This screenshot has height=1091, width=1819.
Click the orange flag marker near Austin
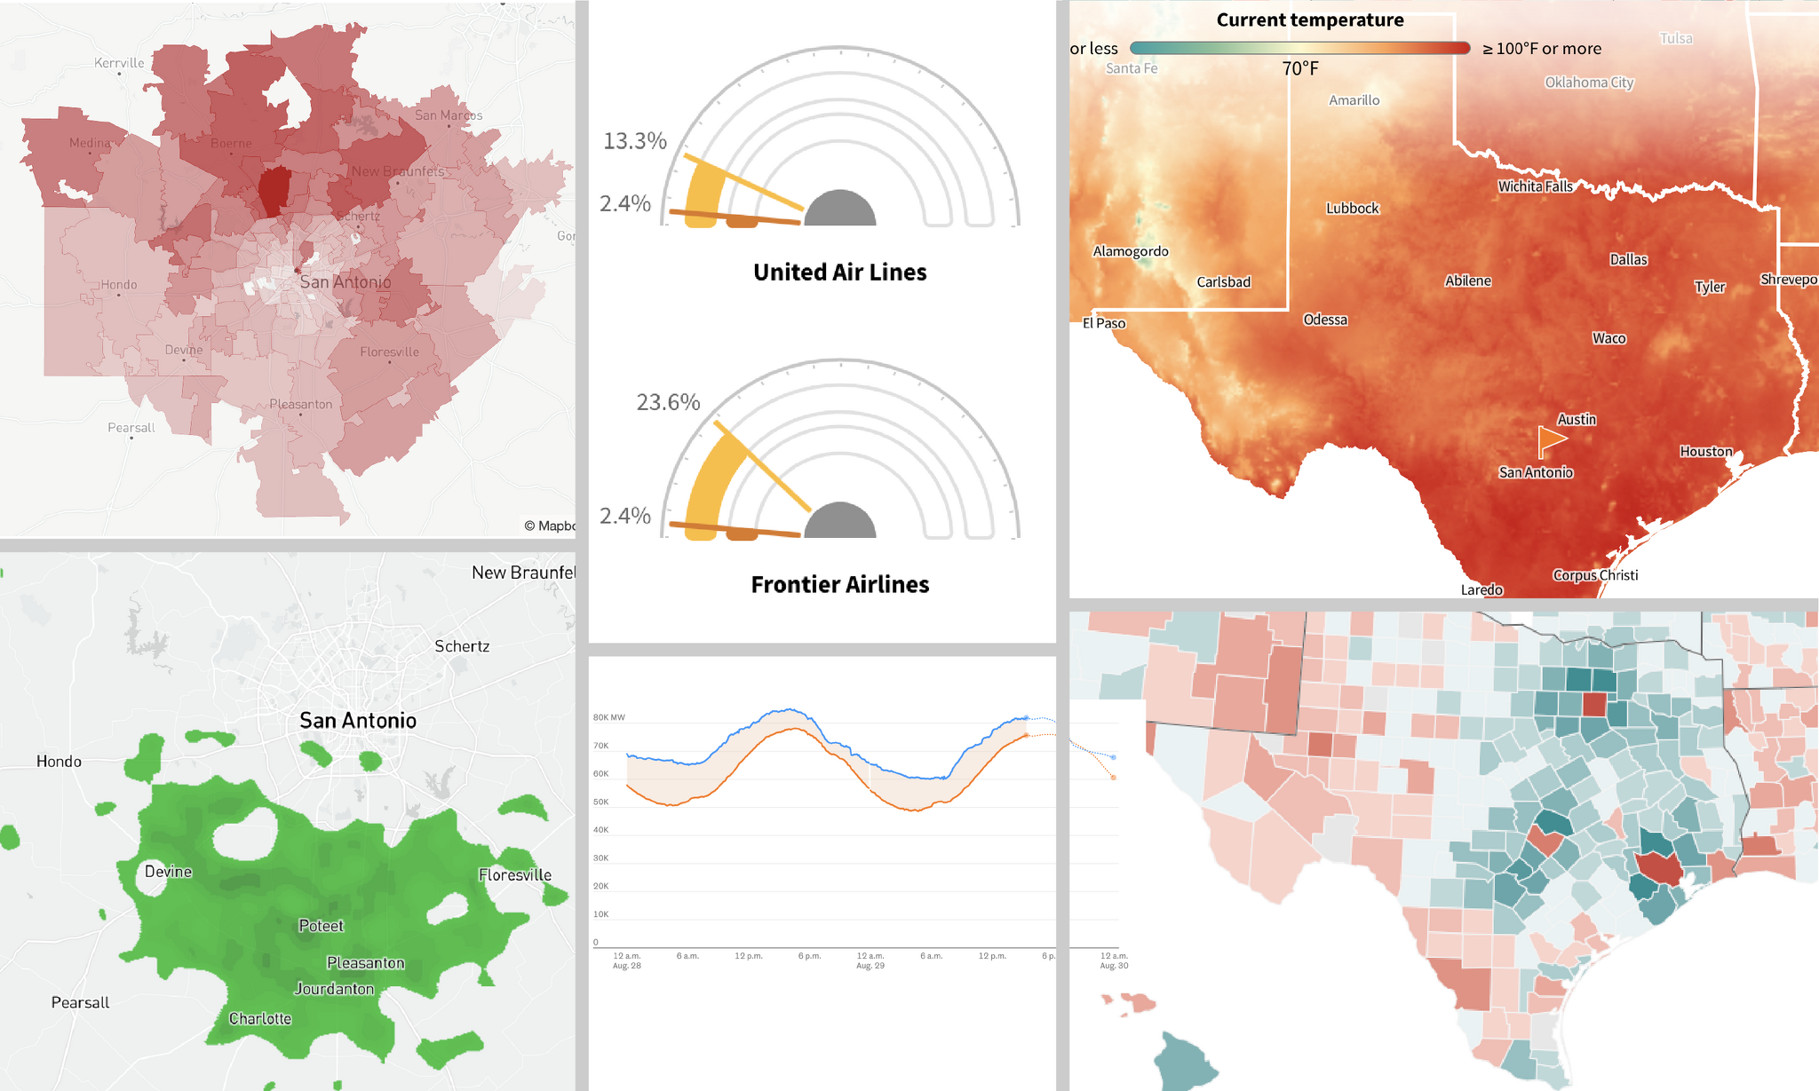tap(1550, 439)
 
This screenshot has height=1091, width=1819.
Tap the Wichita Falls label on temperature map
tap(1535, 186)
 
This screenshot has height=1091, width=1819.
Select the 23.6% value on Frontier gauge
tap(668, 402)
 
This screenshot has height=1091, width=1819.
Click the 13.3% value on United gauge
tap(634, 141)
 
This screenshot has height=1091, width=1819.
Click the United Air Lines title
tap(839, 272)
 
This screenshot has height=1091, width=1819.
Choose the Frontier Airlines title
tap(839, 584)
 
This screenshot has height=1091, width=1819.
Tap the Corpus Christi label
tap(1595, 575)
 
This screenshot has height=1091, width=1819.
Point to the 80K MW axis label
tap(608, 717)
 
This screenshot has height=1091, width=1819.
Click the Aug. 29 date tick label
tap(870, 965)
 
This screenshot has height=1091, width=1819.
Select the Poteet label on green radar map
tap(321, 926)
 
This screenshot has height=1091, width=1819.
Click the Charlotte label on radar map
tap(259, 1018)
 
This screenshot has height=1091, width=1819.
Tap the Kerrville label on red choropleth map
tap(119, 63)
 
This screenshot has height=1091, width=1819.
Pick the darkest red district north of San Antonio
tap(274, 191)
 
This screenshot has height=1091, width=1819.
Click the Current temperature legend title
tap(1309, 20)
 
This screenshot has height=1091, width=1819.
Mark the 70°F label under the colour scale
tap(1299, 68)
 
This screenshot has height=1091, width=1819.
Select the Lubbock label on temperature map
tap(1352, 209)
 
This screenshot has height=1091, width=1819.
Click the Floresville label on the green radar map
tap(514, 874)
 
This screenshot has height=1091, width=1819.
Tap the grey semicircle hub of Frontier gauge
tap(839, 523)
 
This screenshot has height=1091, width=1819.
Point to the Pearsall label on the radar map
tap(80, 1002)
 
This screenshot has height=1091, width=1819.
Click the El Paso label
tap(1103, 323)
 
